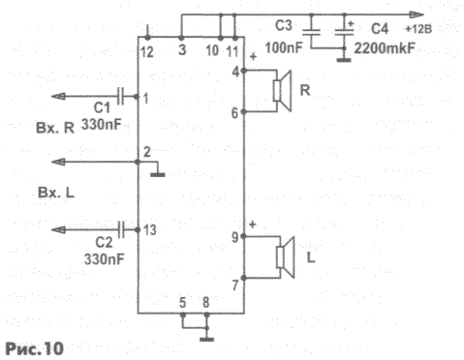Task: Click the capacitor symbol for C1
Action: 120,96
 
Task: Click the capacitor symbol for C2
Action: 121,229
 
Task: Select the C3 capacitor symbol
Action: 311,32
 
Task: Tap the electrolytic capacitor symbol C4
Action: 344,32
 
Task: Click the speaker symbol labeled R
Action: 283,91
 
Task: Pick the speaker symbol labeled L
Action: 286,257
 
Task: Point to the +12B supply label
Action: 418,29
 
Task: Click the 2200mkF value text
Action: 385,48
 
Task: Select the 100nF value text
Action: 284,48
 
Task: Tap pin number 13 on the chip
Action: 150,230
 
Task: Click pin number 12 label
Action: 147,52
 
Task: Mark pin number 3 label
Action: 182,49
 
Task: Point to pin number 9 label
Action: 235,237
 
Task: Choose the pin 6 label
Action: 234,113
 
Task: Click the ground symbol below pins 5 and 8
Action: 207,339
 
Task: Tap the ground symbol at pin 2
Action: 158,175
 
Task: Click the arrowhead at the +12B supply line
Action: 417,15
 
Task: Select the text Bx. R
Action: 55,129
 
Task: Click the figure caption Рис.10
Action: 35,348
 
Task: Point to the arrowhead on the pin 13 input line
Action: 58,230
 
